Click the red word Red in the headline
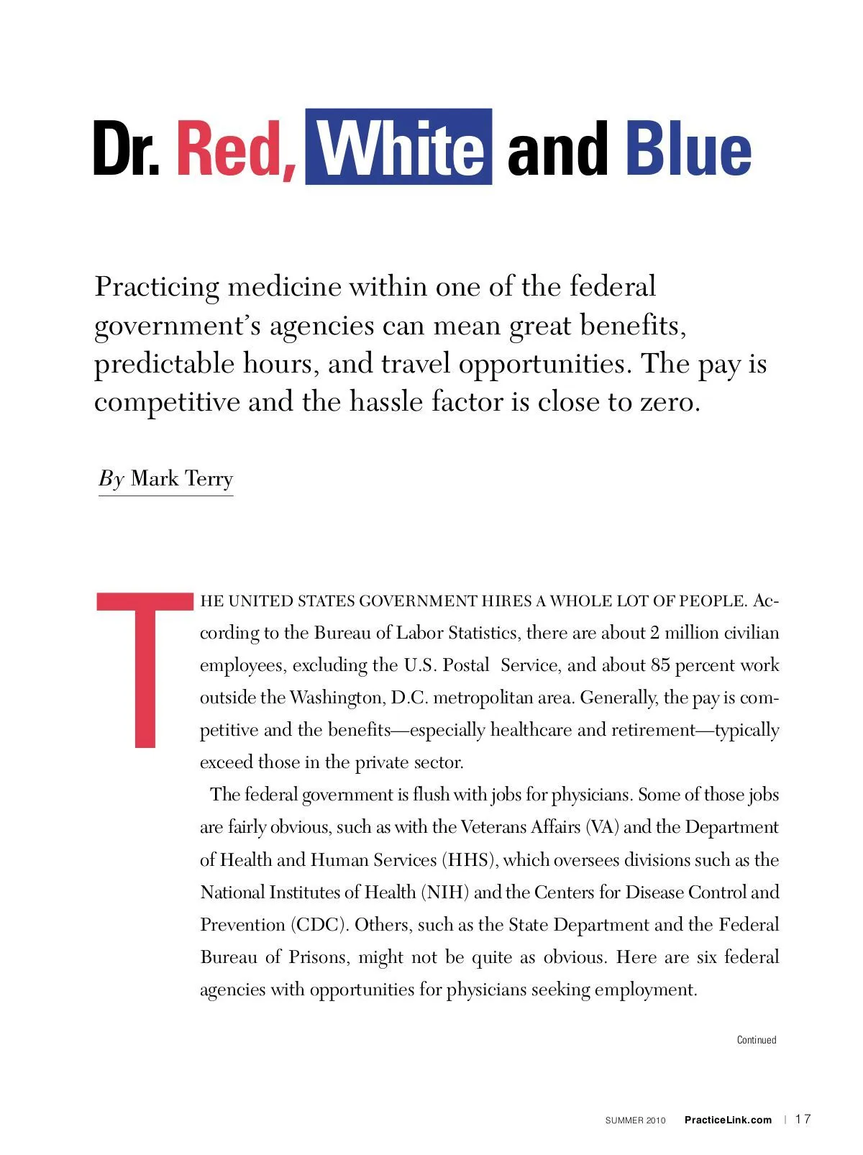coord(235,149)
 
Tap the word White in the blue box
coord(399,149)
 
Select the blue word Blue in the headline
coord(688,149)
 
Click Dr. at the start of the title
coord(127,149)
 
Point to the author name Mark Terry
coord(182,479)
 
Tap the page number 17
coord(803,1119)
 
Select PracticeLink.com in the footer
coord(728,1120)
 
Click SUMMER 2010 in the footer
coord(635,1120)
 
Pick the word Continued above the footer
coord(757,1040)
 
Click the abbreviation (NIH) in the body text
coord(445,892)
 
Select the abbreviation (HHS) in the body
coord(470,860)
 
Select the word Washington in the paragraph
coord(336,698)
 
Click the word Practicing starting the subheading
coord(157,287)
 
